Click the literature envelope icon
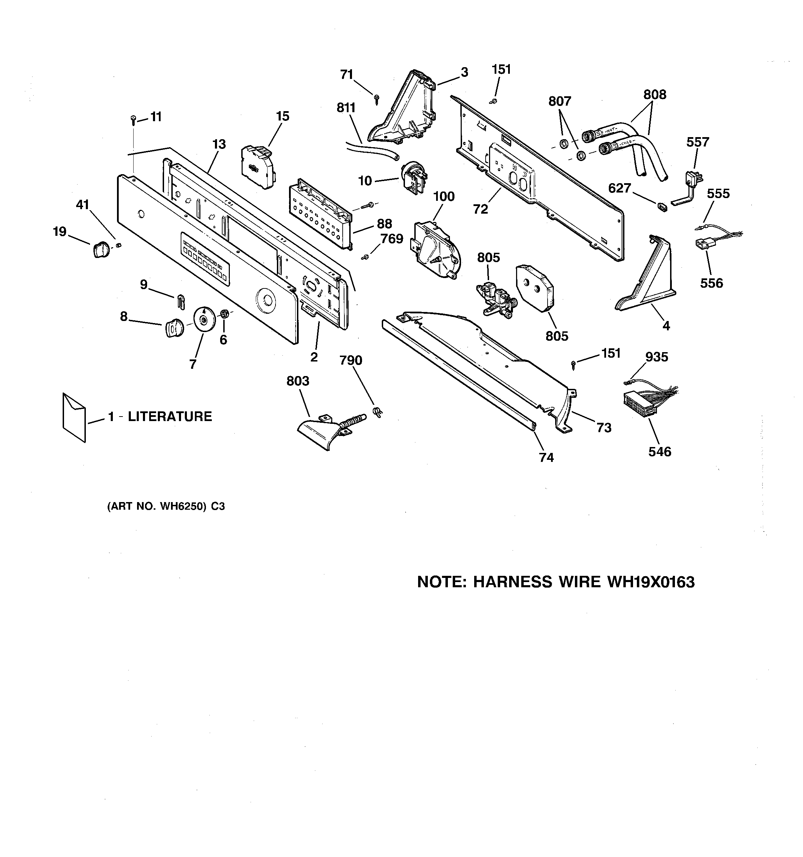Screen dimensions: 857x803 (74, 417)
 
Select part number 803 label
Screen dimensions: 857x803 (298, 381)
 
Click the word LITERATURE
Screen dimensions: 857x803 (170, 417)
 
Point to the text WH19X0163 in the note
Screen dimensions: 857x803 (650, 582)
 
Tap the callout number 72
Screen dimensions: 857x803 (480, 209)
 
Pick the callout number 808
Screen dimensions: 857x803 (654, 95)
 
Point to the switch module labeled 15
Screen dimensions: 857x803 (258, 166)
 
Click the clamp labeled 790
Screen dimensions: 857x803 (378, 412)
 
